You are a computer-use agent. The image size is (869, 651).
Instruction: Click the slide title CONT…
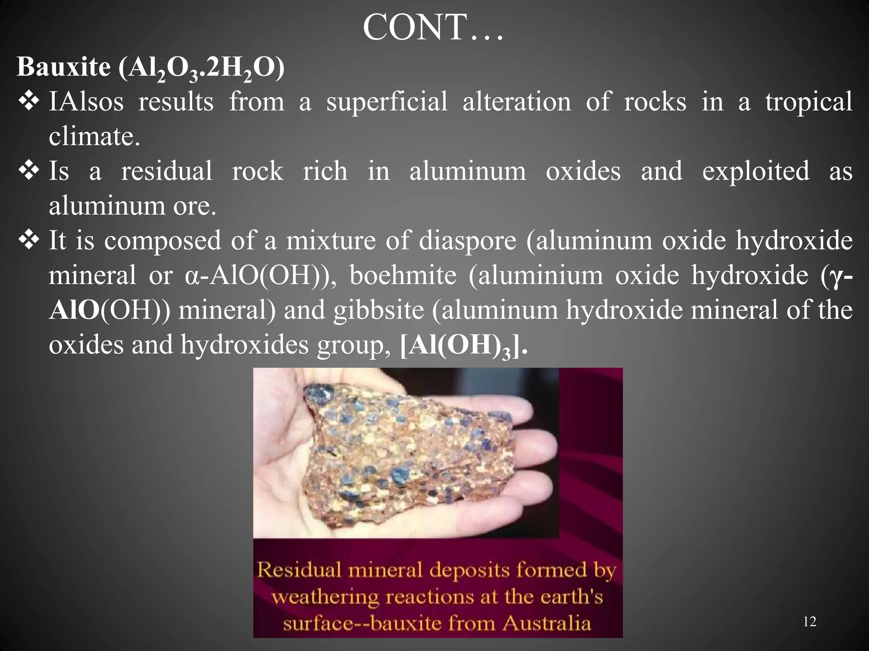[x=433, y=28]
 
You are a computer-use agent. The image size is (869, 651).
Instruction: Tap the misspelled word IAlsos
[x=86, y=102]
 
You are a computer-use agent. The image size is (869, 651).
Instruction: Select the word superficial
[x=387, y=102]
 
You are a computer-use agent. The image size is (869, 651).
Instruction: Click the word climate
[x=94, y=136]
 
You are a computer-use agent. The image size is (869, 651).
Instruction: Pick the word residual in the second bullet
[x=166, y=171]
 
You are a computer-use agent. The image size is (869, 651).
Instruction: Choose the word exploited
[x=756, y=171]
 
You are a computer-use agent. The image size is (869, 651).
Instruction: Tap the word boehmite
[x=403, y=275]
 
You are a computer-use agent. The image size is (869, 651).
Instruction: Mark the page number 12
[x=810, y=622]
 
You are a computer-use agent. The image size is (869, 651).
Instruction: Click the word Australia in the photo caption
[x=547, y=623]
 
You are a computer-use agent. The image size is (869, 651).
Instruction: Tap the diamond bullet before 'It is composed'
[x=29, y=240]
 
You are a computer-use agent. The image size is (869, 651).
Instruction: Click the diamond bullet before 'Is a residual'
[x=29, y=171]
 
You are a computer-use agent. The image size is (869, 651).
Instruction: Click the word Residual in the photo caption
[x=299, y=570]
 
